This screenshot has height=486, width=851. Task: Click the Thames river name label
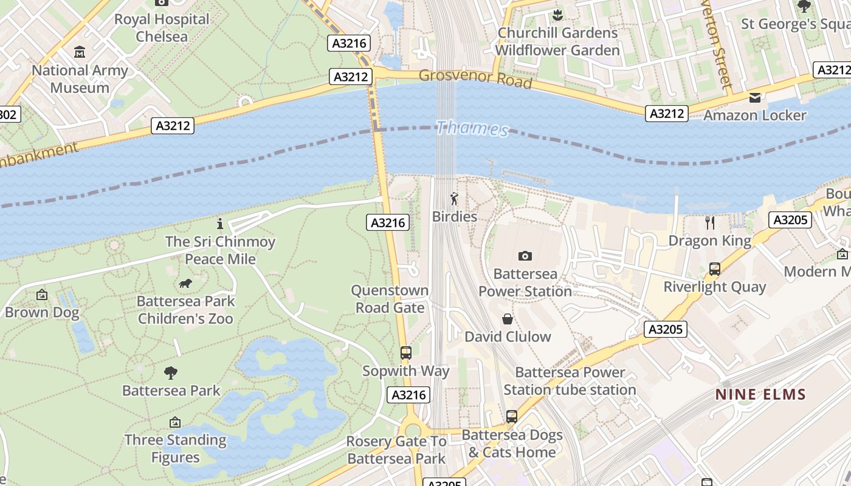point(472,128)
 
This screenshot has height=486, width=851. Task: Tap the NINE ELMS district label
point(760,394)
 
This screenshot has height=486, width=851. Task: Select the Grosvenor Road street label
point(475,79)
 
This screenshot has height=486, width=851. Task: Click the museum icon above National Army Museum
point(80,52)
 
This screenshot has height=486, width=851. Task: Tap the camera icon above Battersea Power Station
point(525,256)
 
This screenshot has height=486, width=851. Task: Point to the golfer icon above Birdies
point(454,199)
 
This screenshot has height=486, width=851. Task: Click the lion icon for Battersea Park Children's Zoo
point(185,284)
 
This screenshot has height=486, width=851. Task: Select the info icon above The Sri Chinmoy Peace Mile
point(220,224)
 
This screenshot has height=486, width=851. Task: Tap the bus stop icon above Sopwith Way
point(405,353)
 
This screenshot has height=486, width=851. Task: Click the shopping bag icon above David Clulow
point(508,319)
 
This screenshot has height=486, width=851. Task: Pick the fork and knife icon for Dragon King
point(709,223)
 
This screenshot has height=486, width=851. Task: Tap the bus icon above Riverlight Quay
point(714,269)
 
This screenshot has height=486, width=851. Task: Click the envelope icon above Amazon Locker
point(754,98)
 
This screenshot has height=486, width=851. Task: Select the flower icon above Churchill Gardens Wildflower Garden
point(557,15)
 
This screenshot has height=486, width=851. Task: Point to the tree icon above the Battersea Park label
point(171,372)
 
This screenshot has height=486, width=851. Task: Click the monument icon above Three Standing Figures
point(175,422)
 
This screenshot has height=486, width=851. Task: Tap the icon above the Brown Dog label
point(42,295)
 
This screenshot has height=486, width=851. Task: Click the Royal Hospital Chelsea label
point(162,27)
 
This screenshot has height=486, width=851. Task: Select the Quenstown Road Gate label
point(390,299)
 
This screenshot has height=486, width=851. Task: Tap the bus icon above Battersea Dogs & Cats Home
point(512,417)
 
